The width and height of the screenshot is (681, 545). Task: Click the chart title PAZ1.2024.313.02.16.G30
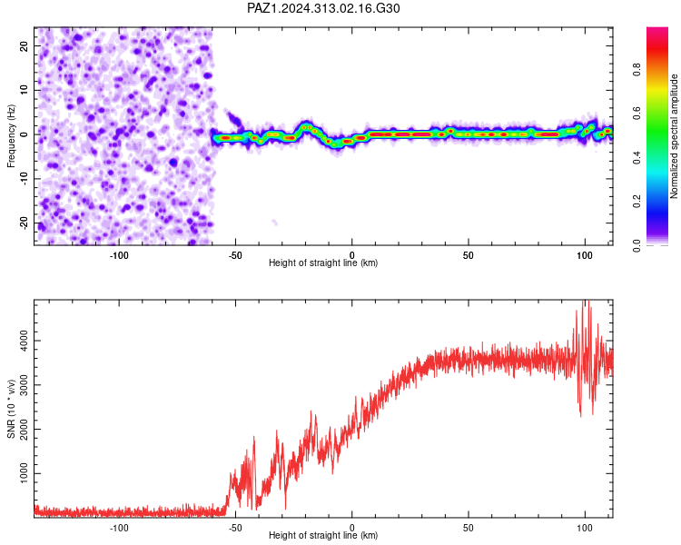(323, 8)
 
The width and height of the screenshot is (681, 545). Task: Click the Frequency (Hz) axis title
(11, 136)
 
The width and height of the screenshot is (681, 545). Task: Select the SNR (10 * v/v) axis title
(11, 409)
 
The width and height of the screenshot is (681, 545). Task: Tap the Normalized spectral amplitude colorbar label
(674, 136)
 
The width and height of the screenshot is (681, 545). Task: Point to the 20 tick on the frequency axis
(24, 45)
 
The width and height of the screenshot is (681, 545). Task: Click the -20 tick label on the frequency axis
(24, 223)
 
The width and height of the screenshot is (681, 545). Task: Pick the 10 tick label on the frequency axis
(24, 90)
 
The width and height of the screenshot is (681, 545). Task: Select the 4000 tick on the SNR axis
(24, 341)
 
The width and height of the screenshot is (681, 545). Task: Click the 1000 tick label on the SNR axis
(24, 473)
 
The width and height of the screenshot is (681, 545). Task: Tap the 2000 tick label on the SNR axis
(24, 429)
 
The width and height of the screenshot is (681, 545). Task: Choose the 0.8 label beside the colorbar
(637, 70)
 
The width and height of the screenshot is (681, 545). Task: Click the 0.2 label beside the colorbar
(637, 202)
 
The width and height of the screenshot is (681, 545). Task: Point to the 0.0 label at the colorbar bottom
(637, 245)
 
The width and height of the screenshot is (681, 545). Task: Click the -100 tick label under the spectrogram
(119, 255)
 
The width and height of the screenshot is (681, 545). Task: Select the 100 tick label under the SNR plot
(585, 528)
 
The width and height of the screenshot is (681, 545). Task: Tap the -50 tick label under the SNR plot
(235, 528)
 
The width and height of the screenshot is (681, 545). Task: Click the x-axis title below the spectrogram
(323, 263)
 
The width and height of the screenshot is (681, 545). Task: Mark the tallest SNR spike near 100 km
(584, 302)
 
